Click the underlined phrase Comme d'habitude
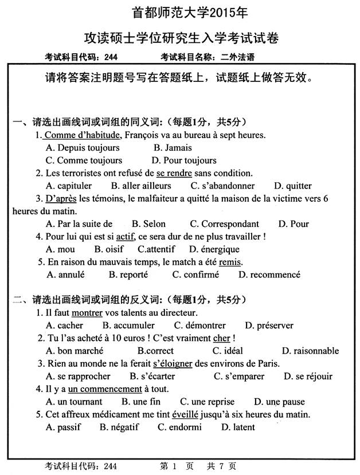click(82, 135)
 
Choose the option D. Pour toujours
click(184, 160)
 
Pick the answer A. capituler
click(68, 186)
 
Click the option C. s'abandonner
click(222, 186)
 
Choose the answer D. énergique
click(214, 249)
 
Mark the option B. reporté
click(128, 274)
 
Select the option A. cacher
click(64, 325)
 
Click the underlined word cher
click(221, 338)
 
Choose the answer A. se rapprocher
click(77, 376)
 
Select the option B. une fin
click(141, 402)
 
